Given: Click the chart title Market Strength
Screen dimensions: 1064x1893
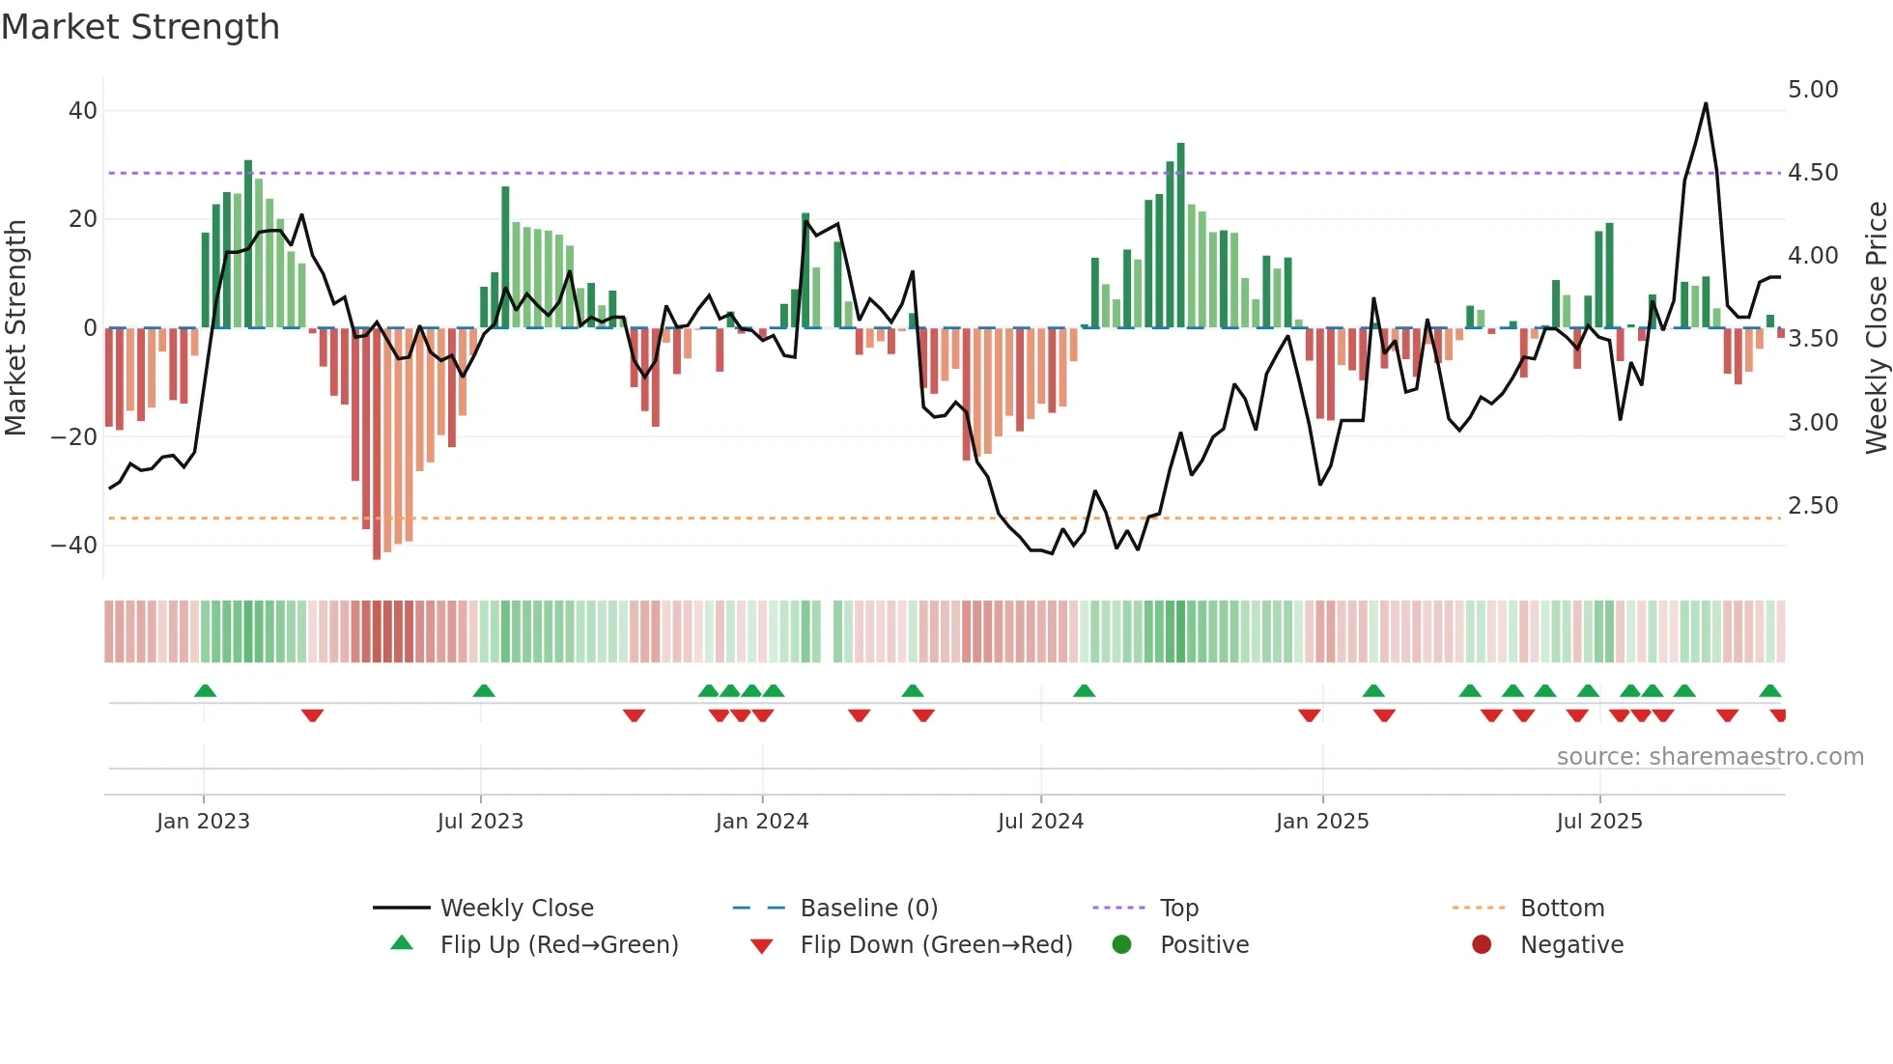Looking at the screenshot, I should [140, 27].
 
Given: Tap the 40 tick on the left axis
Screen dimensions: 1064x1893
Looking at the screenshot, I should [82, 111].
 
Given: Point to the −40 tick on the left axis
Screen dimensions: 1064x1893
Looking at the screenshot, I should [74, 546].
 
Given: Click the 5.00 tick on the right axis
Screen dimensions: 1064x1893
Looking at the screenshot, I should [1813, 90].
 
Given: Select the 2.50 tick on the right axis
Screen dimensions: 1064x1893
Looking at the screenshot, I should [1813, 506].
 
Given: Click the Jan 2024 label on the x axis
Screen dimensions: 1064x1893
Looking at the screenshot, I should [761, 822].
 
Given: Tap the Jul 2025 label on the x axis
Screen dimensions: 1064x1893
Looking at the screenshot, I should [1598, 822].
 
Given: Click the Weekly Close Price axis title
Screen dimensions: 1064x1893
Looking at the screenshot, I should [1876, 327].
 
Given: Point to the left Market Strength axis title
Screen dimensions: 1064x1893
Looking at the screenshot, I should [15, 327].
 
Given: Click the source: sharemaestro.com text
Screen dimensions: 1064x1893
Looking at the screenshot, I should [1709, 757].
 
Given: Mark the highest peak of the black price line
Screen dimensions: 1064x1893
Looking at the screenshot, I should [1706, 104].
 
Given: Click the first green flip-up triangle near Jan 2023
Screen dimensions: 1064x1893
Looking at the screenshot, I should [205, 690].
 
